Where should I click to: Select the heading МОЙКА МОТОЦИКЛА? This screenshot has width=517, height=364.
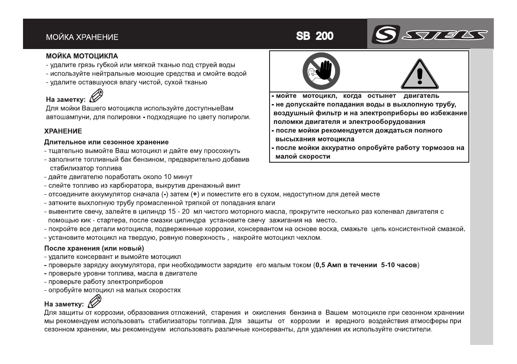(82, 57)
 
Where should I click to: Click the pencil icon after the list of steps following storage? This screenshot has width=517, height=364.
(95, 301)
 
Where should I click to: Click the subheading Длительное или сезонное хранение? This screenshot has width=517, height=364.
(106, 142)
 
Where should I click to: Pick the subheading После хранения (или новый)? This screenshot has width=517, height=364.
(95, 249)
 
